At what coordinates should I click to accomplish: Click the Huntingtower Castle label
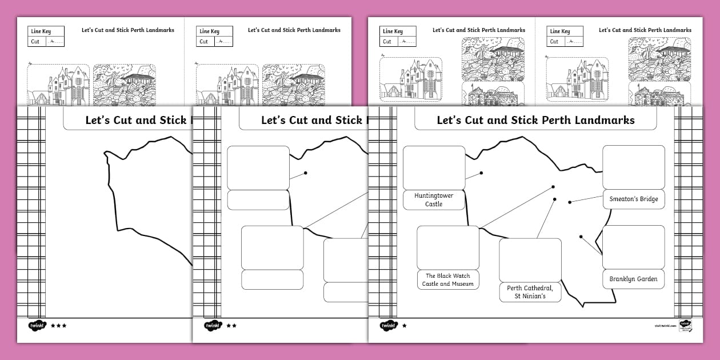click(x=434, y=199)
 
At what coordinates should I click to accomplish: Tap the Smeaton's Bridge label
click(x=633, y=199)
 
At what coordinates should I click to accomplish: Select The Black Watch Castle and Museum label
click(x=447, y=279)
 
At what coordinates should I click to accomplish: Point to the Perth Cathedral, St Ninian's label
click(x=530, y=292)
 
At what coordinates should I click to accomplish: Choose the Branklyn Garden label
click(x=633, y=279)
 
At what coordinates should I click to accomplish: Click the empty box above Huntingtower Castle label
click(x=434, y=167)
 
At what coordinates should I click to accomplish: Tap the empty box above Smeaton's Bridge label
click(x=633, y=167)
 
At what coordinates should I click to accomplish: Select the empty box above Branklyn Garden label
click(x=633, y=247)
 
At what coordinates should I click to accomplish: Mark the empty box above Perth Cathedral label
click(x=530, y=260)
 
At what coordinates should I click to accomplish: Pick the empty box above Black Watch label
click(x=447, y=247)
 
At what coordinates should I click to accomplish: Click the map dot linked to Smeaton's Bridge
click(x=570, y=202)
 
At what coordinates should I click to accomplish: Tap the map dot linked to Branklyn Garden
click(x=581, y=237)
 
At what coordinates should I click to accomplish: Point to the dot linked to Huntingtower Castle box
click(x=481, y=173)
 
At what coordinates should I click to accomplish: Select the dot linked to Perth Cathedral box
click(x=555, y=199)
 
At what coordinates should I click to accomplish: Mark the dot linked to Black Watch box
click(x=553, y=187)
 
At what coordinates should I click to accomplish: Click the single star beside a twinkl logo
click(x=405, y=326)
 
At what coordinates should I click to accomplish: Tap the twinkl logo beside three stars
click(x=37, y=326)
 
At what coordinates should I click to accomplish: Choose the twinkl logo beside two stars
click(x=212, y=326)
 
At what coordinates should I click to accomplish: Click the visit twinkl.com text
click(x=665, y=326)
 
